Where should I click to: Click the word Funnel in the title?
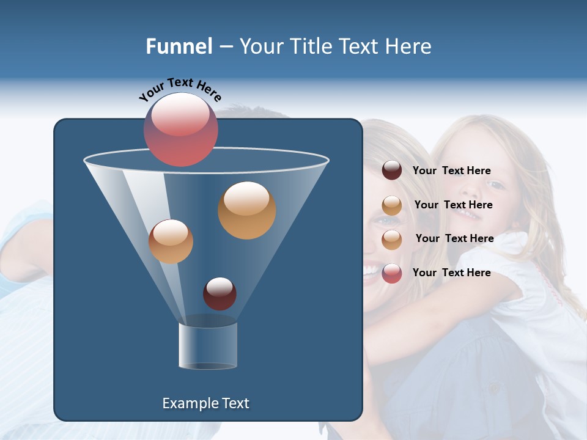coord(179,46)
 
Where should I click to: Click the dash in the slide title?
coord(226,47)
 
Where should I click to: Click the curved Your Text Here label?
coord(180,89)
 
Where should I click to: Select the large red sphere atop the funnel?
coord(180,130)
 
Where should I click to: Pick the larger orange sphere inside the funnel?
coord(247,210)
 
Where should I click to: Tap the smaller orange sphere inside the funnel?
coord(171,241)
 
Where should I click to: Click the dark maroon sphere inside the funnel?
coord(220,293)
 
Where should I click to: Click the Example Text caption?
coord(205,403)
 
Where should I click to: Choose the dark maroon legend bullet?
coord(392,170)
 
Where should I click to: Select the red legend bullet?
coord(392,273)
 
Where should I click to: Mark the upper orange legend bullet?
coord(392,205)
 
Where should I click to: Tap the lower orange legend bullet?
coord(392,240)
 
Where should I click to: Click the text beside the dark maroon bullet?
coord(451,170)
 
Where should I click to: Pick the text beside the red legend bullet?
coord(451,273)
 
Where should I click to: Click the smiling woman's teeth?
coord(371,269)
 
